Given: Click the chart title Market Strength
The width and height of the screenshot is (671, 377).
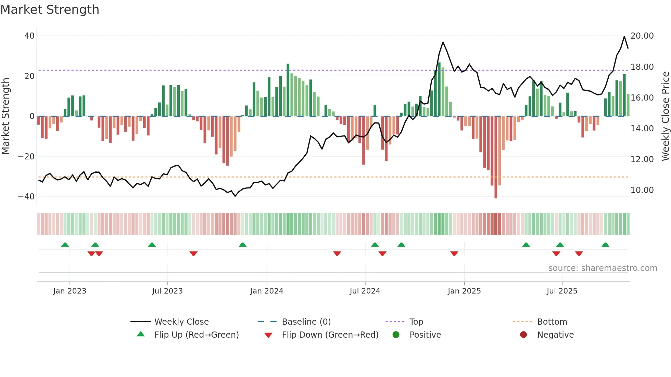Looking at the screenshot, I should (x=50, y=10).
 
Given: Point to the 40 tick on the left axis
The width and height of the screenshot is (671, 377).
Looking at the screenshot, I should (x=29, y=36).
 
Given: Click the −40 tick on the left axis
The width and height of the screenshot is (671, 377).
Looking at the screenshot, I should (x=26, y=197).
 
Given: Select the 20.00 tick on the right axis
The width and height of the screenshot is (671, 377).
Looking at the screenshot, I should (x=642, y=36).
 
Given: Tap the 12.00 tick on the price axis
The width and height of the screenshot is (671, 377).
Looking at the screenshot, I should (x=642, y=159).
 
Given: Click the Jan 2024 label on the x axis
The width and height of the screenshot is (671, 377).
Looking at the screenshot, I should (x=267, y=291).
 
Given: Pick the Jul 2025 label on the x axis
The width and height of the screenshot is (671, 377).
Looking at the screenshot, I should (x=562, y=291).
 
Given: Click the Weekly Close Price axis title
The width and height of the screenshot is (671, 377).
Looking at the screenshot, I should (x=665, y=116).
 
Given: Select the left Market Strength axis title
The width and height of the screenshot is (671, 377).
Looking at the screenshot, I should (x=5, y=116).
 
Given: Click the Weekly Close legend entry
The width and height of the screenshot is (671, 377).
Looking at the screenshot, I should (x=181, y=322).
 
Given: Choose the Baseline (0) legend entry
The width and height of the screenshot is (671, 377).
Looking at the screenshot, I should (x=306, y=322).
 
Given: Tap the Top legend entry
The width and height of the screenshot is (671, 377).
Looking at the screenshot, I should (x=416, y=322).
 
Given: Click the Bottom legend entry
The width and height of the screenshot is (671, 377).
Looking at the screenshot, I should (x=552, y=322).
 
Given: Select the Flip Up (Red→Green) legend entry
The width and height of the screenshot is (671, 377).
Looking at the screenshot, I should (x=197, y=335).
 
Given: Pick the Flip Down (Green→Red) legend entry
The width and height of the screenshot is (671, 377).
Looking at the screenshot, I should (x=330, y=335).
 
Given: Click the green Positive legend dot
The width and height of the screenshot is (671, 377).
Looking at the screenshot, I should (x=396, y=335).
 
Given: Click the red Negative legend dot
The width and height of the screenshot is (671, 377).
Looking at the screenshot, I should (x=523, y=335).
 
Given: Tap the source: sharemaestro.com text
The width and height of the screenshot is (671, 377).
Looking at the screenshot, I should (x=603, y=268).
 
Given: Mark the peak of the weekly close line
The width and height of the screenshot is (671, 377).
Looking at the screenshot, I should (x=624, y=37).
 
